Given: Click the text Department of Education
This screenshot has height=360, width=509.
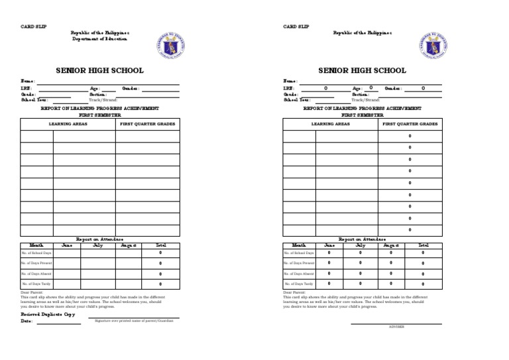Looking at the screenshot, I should pyautogui.click(x=100, y=39).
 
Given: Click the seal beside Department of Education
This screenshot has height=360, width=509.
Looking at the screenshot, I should pyautogui.click(x=171, y=45).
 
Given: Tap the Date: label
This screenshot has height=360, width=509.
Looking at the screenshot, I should pyautogui.click(x=27, y=322).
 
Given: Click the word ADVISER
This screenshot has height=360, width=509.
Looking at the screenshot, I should pyautogui.click(x=396, y=327).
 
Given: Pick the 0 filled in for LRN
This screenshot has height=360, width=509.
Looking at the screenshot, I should pyautogui.click(x=325, y=88).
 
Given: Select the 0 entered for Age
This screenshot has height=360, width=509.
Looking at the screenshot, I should pyautogui.click(x=371, y=88).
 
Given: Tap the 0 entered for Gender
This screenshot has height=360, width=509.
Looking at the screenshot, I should pyautogui.click(x=423, y=88).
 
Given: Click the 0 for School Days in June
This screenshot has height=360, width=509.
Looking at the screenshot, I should pyautogui.click(x=329, y=253).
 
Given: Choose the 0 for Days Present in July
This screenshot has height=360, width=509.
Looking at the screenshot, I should pyautogui.click(x=361, y=263).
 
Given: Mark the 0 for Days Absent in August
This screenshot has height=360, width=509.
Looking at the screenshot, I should pyautogui.click(x=391, y=273).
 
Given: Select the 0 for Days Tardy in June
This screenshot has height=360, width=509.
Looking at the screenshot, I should pyautogui.click(x=329, y=284).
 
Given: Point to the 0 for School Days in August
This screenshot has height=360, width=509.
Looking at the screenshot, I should pyautogui.click(x=391, y=253).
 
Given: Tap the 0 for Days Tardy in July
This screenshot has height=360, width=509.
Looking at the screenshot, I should pyautogui.click(x=361, y=284).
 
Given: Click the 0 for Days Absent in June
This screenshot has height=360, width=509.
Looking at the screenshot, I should pyautogui.click(x=329, y=273).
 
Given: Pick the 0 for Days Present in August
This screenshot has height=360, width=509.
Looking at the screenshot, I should pyautogui.click(x=391, y=263).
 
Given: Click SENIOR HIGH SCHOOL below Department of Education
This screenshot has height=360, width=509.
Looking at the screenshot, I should pyautogui.click(x=99, y=70).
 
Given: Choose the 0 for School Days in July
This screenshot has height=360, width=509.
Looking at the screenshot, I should pyautogui.click(x=361, y=253).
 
